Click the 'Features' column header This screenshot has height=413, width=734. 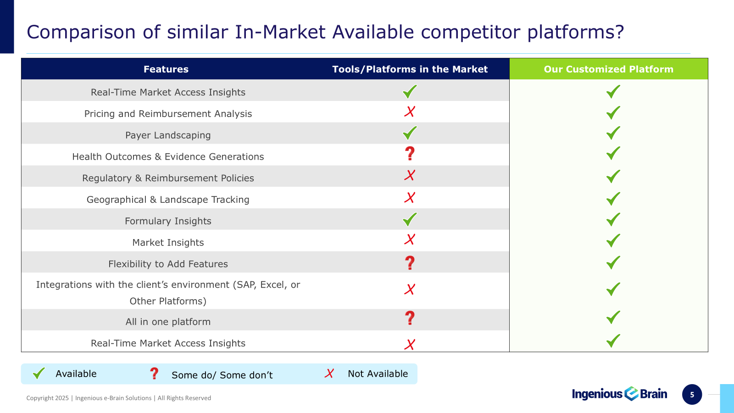(x=166, y=69)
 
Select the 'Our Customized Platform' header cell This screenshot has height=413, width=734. (x=608, y=69)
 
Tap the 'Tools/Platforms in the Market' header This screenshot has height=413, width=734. (x=410, y=69)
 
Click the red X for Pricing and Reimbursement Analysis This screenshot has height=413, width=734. (x=410, y=112)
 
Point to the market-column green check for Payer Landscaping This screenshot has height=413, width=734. (x=410, y=133)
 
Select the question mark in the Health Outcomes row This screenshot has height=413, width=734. (x=410, y=153)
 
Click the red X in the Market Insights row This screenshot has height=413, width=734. (x=410, y=239)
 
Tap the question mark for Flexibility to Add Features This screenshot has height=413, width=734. (x=410, y=263)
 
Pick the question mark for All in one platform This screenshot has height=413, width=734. (x=410, y=318)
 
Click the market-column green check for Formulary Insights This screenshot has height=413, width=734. (x=410, y=220)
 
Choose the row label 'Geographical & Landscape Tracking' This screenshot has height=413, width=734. (x=168, y=199)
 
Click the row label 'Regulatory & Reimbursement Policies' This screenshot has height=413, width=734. (x=168, y=178)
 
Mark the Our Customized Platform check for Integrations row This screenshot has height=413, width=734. (x=613, y=289)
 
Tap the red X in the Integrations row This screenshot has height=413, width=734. (x=410, y=289)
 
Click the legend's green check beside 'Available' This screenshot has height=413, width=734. (x=39, y=374)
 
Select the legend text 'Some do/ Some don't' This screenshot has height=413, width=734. (x=222, y=375)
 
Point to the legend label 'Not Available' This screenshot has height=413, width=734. (x=378, y=374)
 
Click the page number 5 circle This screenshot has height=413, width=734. (x=692, y=394)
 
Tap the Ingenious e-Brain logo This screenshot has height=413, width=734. (x=619, y=394)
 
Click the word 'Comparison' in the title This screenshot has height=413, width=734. (x=81, y=33)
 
